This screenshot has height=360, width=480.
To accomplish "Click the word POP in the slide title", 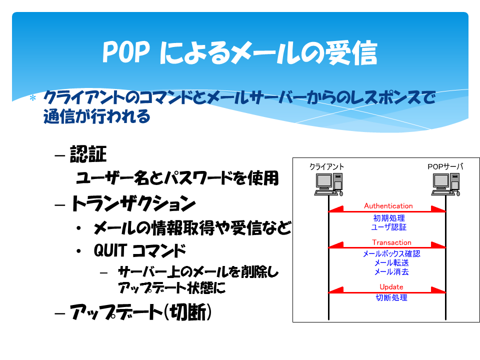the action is [126, 52].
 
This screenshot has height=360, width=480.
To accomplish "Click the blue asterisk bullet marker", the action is [33, 98].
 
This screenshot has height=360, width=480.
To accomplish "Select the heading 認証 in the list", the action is [88, 154].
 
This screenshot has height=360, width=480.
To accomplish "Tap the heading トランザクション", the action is [133, 203].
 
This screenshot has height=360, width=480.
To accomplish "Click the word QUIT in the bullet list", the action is [110, 250].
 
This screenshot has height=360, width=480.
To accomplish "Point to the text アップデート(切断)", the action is [141, 312].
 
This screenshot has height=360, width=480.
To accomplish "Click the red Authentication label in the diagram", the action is [388, 205].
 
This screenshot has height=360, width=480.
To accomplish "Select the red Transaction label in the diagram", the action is [391, 242].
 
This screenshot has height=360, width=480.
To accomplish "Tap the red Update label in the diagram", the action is [391, 287].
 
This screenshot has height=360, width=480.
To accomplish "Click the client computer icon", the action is [329, 184].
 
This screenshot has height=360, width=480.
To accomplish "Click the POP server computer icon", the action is [445, 184].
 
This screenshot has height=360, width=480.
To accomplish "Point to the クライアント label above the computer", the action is [326, 166].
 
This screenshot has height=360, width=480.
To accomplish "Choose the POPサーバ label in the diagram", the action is [445, 166].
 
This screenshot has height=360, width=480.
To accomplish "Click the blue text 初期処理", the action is [389, 218].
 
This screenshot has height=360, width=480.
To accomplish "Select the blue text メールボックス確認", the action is [391, 254].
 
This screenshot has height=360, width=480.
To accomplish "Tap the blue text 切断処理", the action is [391, 297].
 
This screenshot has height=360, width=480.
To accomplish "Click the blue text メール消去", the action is [391, 271].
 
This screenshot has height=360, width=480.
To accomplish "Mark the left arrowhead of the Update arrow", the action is [336, 290].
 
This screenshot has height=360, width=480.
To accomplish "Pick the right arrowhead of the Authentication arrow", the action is [438, 209].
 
